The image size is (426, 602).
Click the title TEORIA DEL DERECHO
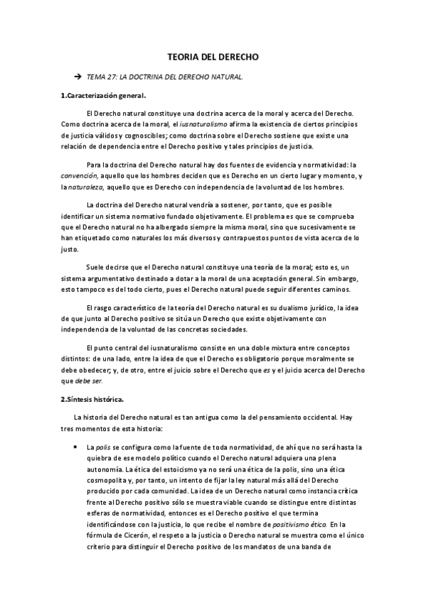coord(213,55)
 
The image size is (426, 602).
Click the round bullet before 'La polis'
coord(75,447)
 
